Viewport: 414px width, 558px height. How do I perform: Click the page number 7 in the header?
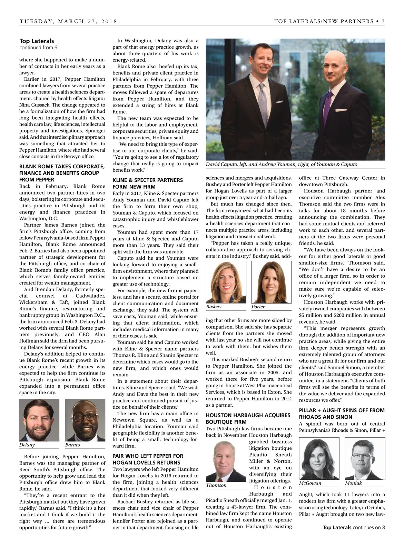coord(383,21)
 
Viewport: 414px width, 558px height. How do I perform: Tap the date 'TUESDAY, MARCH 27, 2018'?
coord(68,21)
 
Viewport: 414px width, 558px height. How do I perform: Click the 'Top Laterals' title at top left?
coord(37,41)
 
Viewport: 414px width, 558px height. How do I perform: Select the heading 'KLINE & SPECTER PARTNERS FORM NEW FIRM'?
coord(148,183)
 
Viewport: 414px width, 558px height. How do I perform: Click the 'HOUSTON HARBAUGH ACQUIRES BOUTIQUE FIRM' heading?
coord(248,418)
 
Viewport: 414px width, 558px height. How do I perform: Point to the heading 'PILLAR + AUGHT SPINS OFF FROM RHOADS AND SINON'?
coord(342,413)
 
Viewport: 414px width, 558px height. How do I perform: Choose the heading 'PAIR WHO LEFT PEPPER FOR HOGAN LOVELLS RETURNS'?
coord(148,459)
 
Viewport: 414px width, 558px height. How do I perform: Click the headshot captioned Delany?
coord(39,420)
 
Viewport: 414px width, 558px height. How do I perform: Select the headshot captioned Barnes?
coord(85,420)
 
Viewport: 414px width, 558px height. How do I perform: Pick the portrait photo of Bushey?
coord(226,282)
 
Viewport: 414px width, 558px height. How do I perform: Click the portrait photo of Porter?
coord(272,282)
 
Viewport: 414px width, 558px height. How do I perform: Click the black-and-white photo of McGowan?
coord(319,458)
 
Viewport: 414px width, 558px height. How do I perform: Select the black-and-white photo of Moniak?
coord(365,458)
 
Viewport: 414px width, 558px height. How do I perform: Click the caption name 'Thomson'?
coord(216,485)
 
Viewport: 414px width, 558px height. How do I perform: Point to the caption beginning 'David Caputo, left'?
coord(281,165)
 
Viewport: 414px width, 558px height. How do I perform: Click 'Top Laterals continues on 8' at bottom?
coord(354,527)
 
